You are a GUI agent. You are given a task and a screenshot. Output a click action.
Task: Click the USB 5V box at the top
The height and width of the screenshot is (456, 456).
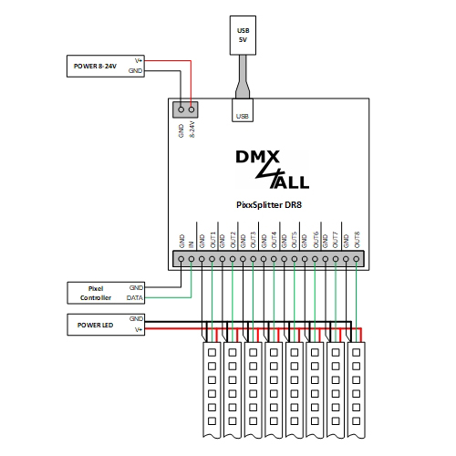tap(243, 36)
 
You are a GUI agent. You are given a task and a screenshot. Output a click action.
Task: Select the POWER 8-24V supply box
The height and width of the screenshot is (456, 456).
tap(106, 66)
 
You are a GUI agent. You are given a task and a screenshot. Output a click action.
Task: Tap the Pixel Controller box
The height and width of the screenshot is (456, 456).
tap(106, 293)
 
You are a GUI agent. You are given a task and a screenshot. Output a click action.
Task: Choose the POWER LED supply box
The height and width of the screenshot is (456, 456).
tap(106, 325)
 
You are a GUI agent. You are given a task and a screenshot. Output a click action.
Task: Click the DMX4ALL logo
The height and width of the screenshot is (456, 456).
tap(273, 170)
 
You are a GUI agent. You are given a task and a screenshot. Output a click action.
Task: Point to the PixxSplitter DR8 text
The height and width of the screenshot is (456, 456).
tap(269, 205)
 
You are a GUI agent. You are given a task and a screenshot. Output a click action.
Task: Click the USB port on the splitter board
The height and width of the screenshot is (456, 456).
tap(243, 110)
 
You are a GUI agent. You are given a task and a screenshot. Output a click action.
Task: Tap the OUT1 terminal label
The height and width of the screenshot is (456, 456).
tap(212, 240)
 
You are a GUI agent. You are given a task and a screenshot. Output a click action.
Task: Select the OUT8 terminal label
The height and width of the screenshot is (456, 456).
tap(357, 240)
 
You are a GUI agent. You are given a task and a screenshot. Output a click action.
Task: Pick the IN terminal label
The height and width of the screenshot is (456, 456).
tap(191, 244)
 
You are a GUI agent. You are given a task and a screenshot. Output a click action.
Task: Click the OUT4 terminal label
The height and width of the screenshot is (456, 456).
tap(275, 240)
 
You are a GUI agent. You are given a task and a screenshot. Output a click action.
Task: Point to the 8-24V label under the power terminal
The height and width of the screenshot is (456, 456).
tap(192, 130)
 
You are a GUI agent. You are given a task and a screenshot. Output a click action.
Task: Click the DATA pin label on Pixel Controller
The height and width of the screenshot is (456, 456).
tap(135, 298)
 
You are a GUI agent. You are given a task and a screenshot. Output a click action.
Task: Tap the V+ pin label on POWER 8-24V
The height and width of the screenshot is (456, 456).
tap(139, 61)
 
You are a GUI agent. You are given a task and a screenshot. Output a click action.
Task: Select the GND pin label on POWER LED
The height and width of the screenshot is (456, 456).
tap(136, 318)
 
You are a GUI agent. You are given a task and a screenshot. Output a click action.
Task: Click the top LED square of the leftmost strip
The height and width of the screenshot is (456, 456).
tap(212, 352)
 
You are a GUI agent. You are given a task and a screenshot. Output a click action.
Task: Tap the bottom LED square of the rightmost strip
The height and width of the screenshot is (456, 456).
tap(357, 421)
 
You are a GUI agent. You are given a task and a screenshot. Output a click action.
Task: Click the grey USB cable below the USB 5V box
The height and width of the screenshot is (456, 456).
tap(243, 77)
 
